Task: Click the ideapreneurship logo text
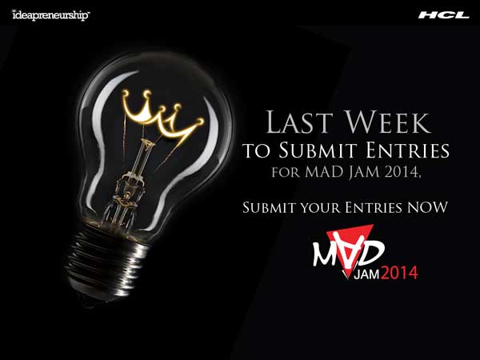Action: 51,15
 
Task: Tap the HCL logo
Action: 443,15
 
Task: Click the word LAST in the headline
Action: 299,122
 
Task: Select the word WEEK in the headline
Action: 389,122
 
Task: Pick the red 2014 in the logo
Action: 399,273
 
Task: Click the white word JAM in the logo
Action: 366,274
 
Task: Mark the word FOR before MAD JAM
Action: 286,172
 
